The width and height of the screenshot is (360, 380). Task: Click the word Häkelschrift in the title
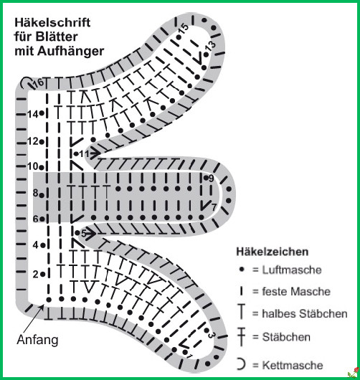click(52, 22)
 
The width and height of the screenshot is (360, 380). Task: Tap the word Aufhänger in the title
click(70, 52)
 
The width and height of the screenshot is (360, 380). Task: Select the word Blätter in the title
click(57, 37)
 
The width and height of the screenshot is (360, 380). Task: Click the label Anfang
click(37, 340)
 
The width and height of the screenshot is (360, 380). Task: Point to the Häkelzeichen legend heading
click(273, 252)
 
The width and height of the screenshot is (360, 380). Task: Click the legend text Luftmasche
click(292, 270)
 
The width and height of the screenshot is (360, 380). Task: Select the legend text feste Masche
click(296, 291)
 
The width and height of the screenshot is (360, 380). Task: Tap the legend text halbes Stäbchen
click(305, 313)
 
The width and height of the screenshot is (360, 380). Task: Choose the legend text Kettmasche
click(293, 365)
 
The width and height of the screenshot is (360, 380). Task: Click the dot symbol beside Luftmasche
click(242, 270)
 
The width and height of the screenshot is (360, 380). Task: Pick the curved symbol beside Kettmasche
click(242, 364)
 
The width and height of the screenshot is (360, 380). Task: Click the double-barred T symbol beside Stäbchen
click(242, 336)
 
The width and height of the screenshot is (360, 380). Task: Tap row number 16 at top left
click(39, 83)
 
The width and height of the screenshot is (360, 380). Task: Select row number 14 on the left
click(33, 114)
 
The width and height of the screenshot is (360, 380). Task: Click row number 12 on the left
click(33, 141)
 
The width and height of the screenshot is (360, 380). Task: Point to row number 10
click(33, 166)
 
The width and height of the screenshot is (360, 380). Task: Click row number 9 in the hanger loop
click(211, 179)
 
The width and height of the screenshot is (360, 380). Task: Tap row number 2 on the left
click(36, 275)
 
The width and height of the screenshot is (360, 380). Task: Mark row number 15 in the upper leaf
click(183, 29)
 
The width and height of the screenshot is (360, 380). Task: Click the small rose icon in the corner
click(354, 374)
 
